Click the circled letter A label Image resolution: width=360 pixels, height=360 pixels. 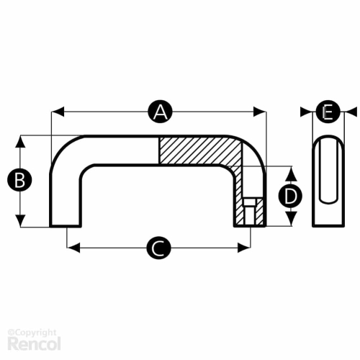coord(161,112)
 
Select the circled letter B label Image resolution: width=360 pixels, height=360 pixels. coord(19,180)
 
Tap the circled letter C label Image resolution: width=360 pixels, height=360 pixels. coord(158,248)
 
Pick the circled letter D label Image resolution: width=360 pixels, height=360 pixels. coord(290,196)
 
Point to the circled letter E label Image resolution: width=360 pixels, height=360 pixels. coord(328,112)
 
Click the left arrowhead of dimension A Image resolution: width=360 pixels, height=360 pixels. coord(58,112)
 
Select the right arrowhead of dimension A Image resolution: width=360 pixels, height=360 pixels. coord(260,112)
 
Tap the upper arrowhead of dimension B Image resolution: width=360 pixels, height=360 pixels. coord(20,142)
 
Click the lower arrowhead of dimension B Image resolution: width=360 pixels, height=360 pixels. coord(20,220)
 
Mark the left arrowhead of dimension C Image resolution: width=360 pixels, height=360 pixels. coord(73,248)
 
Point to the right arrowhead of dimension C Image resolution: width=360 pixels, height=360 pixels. coord(244,248)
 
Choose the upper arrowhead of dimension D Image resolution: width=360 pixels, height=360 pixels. coord(291,173)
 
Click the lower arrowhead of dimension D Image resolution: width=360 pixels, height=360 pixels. coord(291,219)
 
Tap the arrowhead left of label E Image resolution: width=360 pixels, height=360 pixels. coord(307,112)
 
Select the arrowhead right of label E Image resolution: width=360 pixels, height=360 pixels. coord(351,112)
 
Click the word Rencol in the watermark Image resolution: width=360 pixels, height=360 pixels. coord(34,343)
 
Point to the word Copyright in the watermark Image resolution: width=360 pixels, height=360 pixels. coord(34,333)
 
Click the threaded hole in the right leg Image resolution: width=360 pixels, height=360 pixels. coord(250,212)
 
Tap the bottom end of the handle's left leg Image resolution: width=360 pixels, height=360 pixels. coord(66,225)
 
